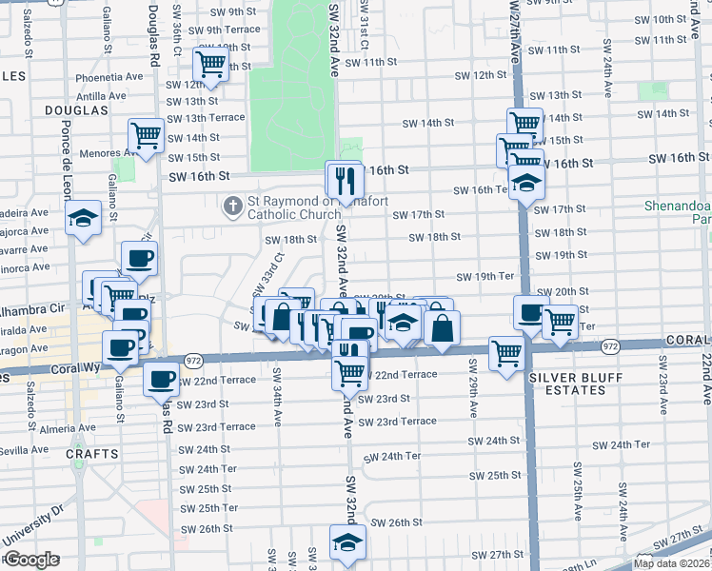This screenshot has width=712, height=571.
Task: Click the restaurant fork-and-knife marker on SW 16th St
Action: pyautogui.click(x=345, y=178)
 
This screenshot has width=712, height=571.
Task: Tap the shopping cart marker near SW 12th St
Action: pyautogui.click(x=210, y=66)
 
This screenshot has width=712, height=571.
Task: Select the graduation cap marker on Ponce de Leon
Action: pyautogui.click(x=83, y=218)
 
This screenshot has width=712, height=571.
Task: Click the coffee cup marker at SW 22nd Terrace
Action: pyautogui.click(x=161, y=380)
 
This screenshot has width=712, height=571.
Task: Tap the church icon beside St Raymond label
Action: pyautogui.click(x=231, y=206)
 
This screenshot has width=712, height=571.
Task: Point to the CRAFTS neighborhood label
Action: pyautogui.click(x=91, y=455)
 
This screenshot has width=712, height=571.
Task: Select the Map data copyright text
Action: pyautogui.click(x=671, y=563)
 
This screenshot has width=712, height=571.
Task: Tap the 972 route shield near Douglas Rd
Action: pyautogui.click(x=193, y=360)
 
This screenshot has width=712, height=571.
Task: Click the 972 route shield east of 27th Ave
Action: pyautogui.click(x=610, y=346)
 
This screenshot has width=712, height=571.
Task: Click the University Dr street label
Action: pyautogui.click(x=33, y=525)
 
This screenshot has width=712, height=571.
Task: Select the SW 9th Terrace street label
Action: pyautogui.click(x=227, y=30)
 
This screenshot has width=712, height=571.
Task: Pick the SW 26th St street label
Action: pyautogui.click(x=396, y=522)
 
